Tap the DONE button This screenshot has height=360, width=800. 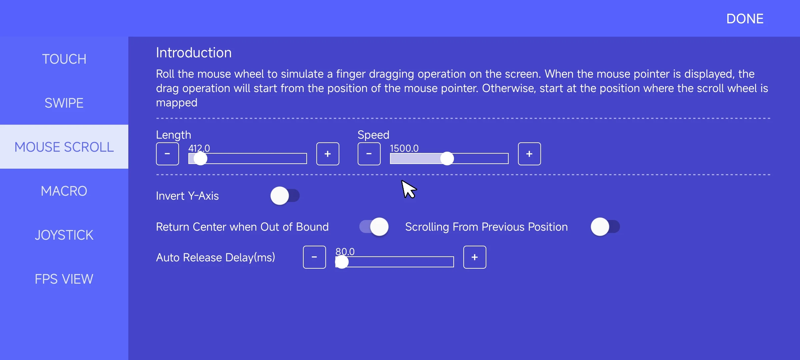pyautogui.click(x=745, y=19)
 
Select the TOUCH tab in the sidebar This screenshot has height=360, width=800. pyautogui.click(x=64, y=59)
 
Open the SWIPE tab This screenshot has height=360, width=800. pyautogui.click(x=64, y=103)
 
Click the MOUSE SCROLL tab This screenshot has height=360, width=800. pyautogui.click(x=64, y=147)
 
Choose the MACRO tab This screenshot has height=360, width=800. pyautogui.click(x=64, y=191)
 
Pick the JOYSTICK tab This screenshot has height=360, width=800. pyautogui.click(x=64, y=235)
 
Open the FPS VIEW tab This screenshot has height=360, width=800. pyautogui.click(x=64, y=279)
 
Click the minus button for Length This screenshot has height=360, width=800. pyautogui.click(x=167, y=154)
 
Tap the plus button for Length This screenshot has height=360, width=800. pyautogui.click(x=328, y=154)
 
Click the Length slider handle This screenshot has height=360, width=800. pyautogui.click(x=200, y=159)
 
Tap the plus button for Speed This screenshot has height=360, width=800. pyautogui.click(x=529, y=154)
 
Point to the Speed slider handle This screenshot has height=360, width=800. pyautogui.click(x=447, y=159)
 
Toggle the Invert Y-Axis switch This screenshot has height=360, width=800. pyautogui.click(x=285, y=196)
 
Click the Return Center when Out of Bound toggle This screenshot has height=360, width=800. pyautogui.click(x=374, y=227)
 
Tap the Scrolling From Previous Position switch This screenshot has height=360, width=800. pyautogui.click(x=605, y=227)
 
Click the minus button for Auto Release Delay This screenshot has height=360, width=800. pyautogui.click(x=314, y=257)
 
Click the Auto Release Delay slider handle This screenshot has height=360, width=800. pyautogui.click(x=342, y=262)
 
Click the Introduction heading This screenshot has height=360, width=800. pyautogui.click(x=194, y=53)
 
